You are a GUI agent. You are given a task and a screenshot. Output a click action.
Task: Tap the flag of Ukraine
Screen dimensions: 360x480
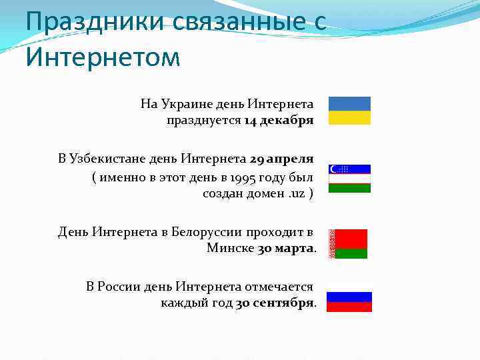(349, 111)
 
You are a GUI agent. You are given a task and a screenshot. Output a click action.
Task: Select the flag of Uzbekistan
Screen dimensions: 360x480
(349, 178)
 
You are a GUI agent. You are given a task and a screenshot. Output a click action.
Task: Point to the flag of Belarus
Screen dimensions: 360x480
(350, 244)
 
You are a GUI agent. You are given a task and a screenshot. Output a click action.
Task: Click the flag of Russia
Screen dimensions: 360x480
(349, 302)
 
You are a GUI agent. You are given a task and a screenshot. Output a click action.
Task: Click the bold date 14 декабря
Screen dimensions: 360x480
(279, 121)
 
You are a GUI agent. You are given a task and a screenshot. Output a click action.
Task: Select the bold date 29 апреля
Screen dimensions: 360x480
(281, 159)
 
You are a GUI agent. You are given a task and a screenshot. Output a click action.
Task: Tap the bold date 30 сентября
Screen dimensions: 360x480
(274, 303)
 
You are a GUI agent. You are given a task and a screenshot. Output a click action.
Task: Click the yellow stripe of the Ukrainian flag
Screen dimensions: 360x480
(349, 118)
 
